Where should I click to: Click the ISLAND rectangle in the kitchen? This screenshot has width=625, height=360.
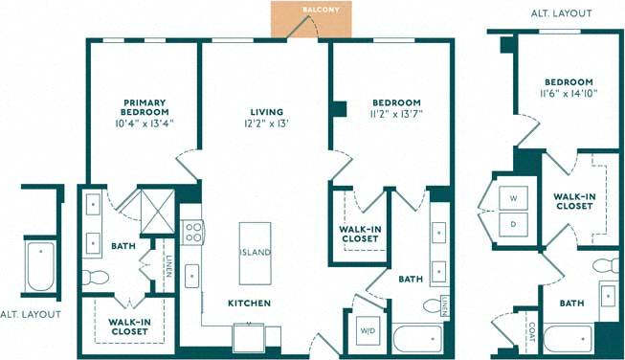pyautogui.click(x=256, y=252)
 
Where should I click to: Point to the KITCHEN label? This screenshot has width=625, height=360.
pyautogui.click(x=249, y=304)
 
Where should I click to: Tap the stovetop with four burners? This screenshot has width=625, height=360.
pyautogui.click(x=192, y=232)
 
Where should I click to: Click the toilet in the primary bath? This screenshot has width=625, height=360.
pyautogui.click(x=96, y=278)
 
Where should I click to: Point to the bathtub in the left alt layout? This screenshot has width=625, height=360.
pyautogui.click(x=41, y=267)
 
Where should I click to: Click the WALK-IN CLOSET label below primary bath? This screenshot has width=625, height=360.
pyautogui.click(x=127, y=326)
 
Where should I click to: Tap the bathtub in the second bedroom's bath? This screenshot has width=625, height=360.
pyautogui.click(x=417, y=338)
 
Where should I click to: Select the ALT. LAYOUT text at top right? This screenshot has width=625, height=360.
pyautogui.click(x=561, y=14)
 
